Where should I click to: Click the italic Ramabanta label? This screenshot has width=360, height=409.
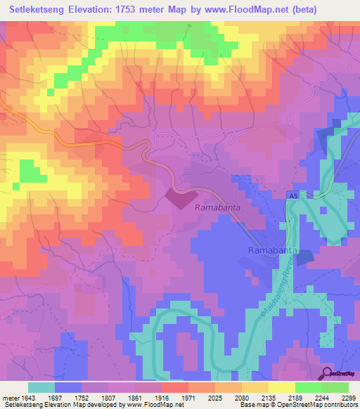point(219,208)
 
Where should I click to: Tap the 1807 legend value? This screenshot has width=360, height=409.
point(100,397)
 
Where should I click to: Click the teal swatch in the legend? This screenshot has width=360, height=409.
point(41,387)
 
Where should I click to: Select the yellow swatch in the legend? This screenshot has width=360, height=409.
point(282,387)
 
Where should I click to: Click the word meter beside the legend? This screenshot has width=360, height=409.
point(9,397)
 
